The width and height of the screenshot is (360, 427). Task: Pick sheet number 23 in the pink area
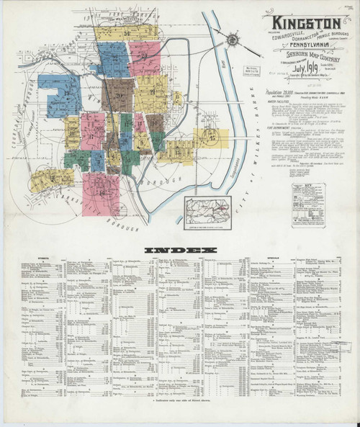[x=143, y=56]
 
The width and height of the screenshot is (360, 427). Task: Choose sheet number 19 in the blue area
[x=71, y=93]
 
